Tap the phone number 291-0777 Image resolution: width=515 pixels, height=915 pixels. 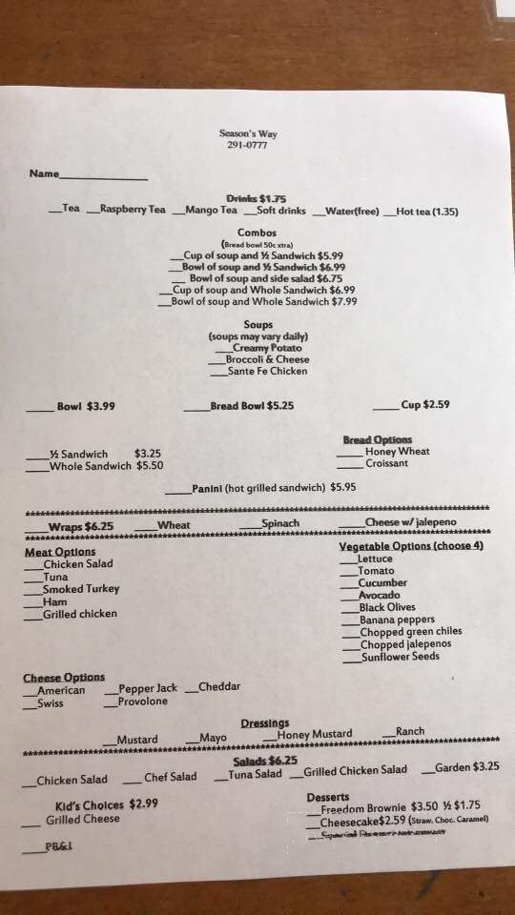coord(246,145)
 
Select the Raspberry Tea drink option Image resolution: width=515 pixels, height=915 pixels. coord(132,210)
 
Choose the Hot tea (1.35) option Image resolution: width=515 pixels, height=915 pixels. coord(426,212)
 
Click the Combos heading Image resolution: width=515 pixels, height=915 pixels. coord(257,233)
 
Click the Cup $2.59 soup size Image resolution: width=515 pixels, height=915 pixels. coord(424,404)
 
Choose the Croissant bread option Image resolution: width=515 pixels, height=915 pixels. coord(386,463)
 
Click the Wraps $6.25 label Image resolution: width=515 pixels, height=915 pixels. coord(81,526)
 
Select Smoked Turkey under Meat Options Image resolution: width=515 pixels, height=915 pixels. coord(81,589)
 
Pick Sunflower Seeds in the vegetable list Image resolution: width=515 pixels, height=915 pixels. coord(400,656)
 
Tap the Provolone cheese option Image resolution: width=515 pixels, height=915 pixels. coord(142,701)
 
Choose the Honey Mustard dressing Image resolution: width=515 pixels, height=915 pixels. coord(314,734)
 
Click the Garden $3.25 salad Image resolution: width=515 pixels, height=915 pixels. coord(466,766)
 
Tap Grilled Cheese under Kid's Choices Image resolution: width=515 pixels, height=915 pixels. coord(83,819)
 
